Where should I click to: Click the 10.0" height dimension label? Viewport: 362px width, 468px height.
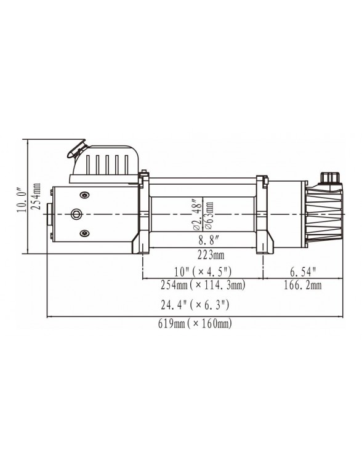pos(22,200)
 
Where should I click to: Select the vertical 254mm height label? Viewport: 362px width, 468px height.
pos(37,196)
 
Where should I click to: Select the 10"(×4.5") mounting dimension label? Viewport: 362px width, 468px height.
pos(203,272)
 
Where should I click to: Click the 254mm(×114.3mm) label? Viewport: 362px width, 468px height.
pos(203,285)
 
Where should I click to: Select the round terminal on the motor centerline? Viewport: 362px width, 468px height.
pos(77,214)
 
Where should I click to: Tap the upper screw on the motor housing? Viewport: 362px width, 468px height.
pos(84,195)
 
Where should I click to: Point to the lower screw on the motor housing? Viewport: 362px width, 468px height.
pos(84,232)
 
